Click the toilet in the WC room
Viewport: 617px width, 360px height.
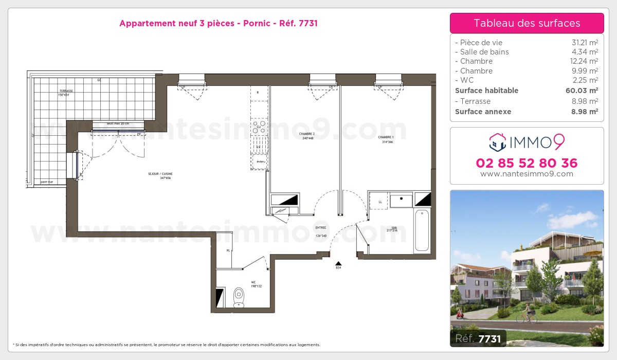(x=239, y=296)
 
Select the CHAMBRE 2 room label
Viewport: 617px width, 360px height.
(x=306, y=135)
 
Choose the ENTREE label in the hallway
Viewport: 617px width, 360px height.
(x=321, y=229)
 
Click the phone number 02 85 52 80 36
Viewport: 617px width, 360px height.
(x=527, y=164)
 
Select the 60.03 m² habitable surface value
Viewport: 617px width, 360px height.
(x=585, y=91)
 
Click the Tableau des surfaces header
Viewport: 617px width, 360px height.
(x=527, y=23)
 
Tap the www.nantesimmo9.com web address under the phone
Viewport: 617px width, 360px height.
(x=527, y=174)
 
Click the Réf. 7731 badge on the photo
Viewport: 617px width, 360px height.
(x=478, y=338)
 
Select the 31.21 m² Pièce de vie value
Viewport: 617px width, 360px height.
(x=585, y=43)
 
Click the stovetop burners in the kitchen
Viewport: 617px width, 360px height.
(x=260, y=127)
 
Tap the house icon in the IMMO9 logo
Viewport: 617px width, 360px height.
(x=497, y=142)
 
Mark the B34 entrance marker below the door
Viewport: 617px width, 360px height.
(x=338, y=267)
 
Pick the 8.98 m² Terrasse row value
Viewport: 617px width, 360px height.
(x=585, y=101)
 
